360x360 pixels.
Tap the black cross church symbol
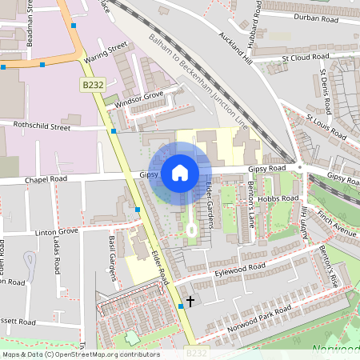190,302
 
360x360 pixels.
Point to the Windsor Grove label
138,100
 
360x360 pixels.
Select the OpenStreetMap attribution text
80,354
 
